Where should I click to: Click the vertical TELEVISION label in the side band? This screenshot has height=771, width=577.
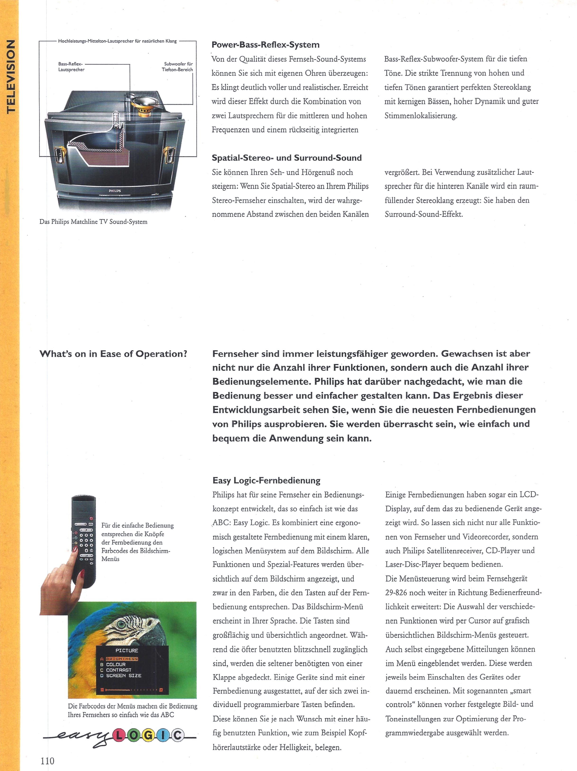pos(11,76)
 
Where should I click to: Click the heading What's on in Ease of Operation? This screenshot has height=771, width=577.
pos(113,354)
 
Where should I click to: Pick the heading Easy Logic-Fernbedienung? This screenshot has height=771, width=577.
pos(266,481)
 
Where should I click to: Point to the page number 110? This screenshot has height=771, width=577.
pos(47,761)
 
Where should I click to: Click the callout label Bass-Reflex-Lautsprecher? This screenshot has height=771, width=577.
pos(71,67)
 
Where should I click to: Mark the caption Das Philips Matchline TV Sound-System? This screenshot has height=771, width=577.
pos(93,222)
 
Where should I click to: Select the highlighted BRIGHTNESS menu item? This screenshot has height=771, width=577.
pos(122,659)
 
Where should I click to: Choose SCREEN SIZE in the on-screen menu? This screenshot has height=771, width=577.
pos(124,676)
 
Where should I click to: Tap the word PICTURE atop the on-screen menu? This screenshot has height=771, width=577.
pos(127,651)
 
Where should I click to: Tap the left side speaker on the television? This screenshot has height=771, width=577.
pos(60,154)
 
